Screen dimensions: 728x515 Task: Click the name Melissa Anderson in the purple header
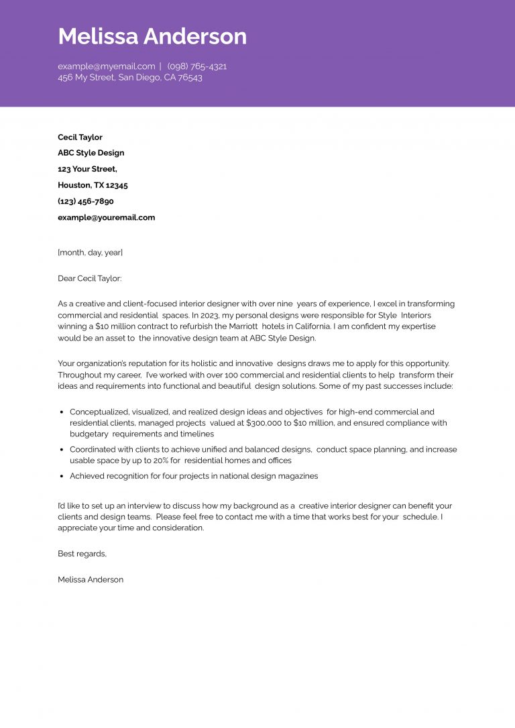[152, 36]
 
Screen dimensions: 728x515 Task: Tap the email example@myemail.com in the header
[106, 66]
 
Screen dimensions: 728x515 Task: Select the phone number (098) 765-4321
[197, 66]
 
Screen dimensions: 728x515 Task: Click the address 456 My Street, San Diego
[129, 78]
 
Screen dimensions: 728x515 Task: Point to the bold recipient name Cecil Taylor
[80, 137]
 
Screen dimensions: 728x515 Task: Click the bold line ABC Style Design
[91, 153]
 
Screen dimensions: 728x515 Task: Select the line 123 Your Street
[87, 169]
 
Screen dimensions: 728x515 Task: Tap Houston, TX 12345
[93, 185]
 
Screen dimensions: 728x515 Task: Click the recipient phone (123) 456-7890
[85, 201]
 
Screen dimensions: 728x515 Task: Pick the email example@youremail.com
[106, 217]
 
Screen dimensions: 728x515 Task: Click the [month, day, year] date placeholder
[90, 253]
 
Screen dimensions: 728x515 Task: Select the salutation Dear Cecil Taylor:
[90, 278]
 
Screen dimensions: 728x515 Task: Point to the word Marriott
[239, 326]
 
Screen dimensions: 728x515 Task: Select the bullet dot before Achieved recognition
[62, 476]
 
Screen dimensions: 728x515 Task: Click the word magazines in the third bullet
[297, 476]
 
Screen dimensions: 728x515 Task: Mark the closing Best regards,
[82, 554]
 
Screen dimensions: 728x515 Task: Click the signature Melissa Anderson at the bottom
[91, 579]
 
